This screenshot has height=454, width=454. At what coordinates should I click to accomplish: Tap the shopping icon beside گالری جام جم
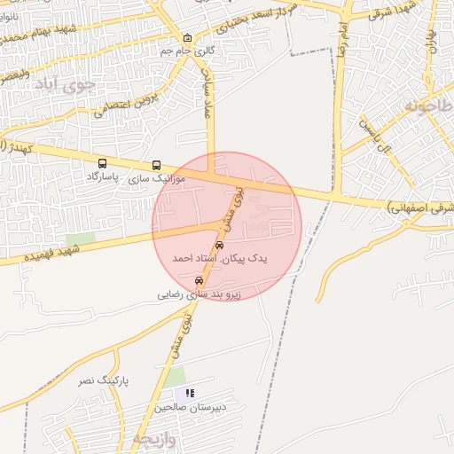click(x=187, y=39)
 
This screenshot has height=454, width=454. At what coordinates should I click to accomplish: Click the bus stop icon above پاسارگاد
click(x=104, y=164)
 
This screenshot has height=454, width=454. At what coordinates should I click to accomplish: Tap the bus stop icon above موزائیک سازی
click(x=157, y=166)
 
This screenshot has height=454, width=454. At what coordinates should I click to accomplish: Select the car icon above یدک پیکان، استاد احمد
click(x=219, y=246)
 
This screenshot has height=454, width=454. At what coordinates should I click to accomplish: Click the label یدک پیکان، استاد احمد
click(x=218, y=258)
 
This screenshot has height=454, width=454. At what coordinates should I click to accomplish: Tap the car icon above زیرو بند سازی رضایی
click(x=198, y=280)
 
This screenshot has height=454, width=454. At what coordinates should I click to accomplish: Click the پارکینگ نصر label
click(x=102, y=380)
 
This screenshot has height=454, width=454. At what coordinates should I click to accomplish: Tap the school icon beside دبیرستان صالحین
click(x=190, y=393)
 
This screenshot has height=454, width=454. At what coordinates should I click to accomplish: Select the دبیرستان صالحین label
click(x=177, y=408)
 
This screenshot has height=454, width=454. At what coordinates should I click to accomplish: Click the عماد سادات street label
click(x=210, y=93)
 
